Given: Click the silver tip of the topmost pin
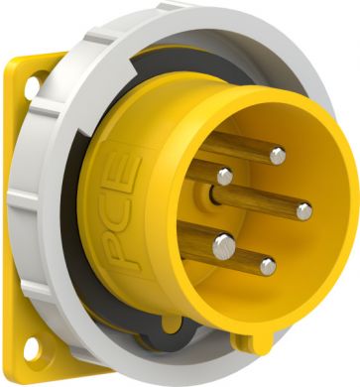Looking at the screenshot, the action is [x=278, y=156].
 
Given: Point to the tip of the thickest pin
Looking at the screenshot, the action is [x=224, y=246].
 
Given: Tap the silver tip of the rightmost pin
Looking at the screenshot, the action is [x=304, y=211].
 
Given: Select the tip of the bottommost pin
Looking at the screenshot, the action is [x=268, y=267].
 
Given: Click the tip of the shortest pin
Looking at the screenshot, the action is [x=225, y=177].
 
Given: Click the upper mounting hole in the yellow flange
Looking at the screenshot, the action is [x=33, y=86].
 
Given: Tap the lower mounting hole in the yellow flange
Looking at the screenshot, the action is [x=33, y=349].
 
